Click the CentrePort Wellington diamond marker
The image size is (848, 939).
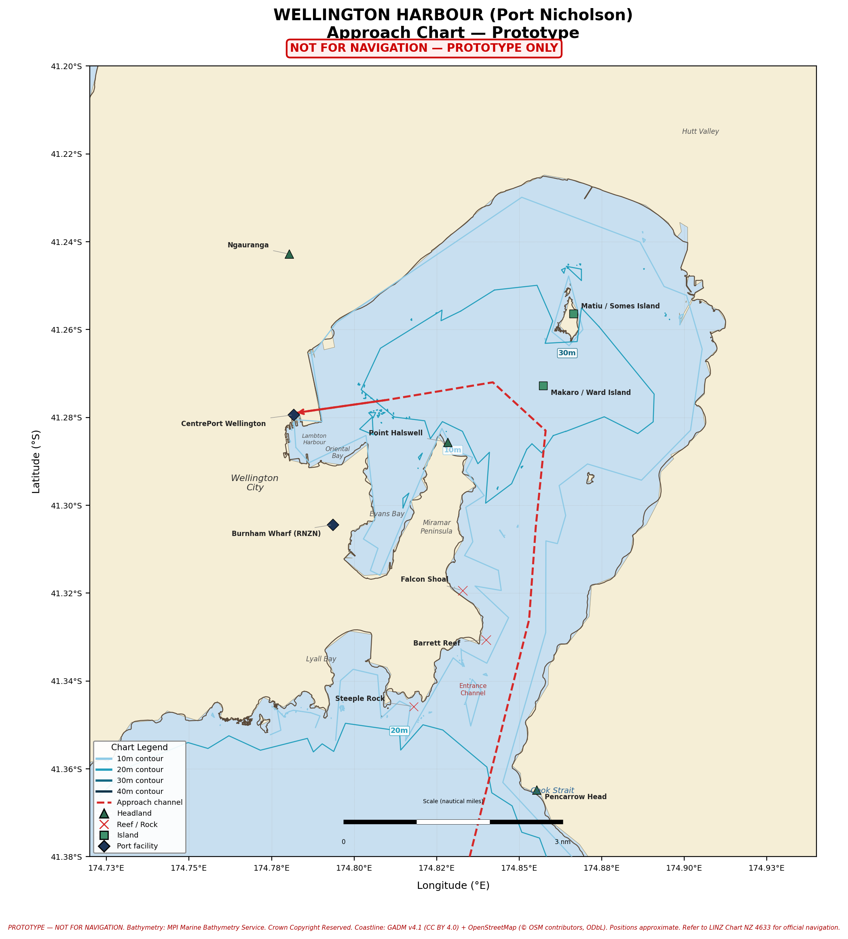pos(294,415)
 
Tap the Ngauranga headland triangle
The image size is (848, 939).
pos(289,254)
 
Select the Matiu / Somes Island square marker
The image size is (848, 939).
pos(573,313)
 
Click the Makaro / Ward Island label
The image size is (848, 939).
pos(590,392)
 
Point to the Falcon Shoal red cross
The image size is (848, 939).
pos(463,591)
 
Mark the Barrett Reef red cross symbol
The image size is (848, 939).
pos(486,639)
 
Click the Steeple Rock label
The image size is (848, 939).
pos(360,698)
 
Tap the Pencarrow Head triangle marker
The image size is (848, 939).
pos(536,790)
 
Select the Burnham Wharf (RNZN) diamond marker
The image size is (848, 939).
pos(333,525)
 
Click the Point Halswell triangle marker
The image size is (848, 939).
pos(447,443)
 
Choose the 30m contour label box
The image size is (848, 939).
pos(567,353)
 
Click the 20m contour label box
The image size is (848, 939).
pos(399,730)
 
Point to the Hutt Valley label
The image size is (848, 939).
pos(700,132)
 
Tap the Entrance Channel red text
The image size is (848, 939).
pos(472,689)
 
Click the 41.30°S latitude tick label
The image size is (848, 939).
pos(66,505)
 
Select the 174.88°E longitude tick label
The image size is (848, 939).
pos(601,868)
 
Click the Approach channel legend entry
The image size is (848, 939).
pos(149,802)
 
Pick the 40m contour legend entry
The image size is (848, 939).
pos(140,791)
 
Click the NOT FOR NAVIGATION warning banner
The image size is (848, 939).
pos(423,48)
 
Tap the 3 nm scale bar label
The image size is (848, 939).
pos(562,842)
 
